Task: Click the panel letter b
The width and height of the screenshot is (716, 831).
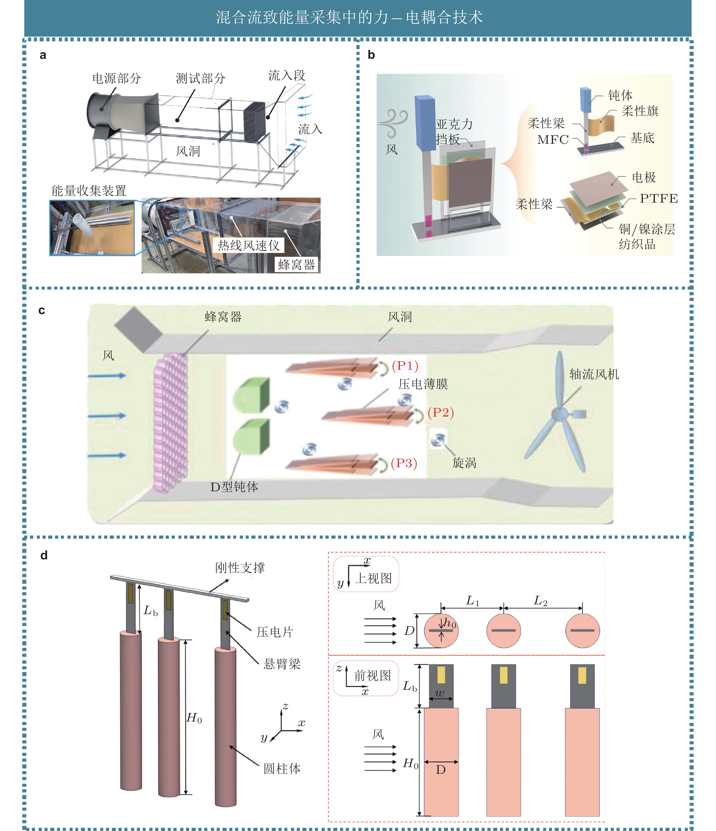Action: tap(371, 55)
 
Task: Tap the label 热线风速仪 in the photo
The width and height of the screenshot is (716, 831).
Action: tap(248, 245)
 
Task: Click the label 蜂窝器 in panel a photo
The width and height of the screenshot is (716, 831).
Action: tap(297, 264)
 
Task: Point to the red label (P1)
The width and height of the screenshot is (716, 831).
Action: tap(405, 365)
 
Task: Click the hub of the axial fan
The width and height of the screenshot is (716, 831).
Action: tap(558, 414)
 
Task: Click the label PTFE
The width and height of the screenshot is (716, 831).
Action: tap(659, 198)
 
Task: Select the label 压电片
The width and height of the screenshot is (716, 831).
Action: tap(275, 632)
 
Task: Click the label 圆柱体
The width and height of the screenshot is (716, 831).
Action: tap(282, 769)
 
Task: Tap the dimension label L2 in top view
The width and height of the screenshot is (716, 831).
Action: tap(541, 601)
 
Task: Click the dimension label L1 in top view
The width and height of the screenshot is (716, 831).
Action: tap(473, 601)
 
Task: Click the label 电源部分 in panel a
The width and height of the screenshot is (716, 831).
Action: tap(117, 78)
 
